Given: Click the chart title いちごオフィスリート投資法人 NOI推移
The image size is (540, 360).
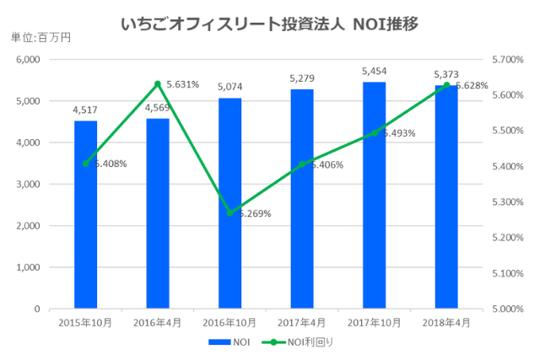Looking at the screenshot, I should coord(269,23).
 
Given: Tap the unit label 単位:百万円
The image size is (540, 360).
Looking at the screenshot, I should coord(40,38).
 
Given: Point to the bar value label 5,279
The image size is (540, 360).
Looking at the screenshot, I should coord(302,80).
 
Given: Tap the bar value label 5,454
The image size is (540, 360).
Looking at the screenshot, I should coord(374,73).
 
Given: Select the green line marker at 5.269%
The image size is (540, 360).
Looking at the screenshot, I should coord(229,212).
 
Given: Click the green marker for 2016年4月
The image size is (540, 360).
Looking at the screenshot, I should coord(158,84).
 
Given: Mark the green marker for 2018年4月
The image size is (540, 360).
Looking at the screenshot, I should coord(446,85).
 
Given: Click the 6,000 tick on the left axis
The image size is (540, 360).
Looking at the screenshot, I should coord(29,60).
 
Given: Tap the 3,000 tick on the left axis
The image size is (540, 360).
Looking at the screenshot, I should coord(29,185).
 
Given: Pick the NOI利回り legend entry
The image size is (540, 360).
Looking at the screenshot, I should coord(297,343).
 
